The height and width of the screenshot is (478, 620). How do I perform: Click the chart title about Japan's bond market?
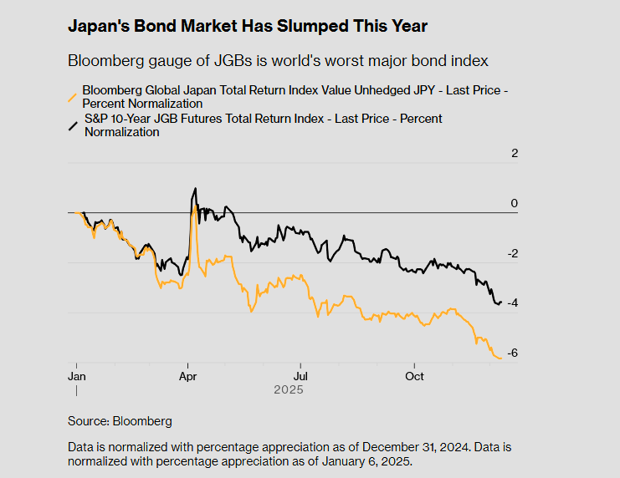[x=248, y=27]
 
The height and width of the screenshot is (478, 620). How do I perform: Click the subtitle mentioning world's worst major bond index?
[x=277, y=61]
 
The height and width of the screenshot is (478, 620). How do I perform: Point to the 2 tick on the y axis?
[x=515, y=154]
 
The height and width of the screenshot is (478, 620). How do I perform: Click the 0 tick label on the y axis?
[x=515, y=204]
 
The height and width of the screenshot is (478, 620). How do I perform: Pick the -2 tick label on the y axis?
[x=512, y=254]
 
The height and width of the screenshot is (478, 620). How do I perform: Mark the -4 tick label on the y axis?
[x=512, y=303]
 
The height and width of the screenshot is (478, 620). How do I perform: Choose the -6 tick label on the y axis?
[x=512, y=353]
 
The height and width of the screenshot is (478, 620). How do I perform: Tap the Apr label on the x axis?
[x=187, y=376]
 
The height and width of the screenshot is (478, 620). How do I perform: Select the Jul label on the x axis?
[x=299, y=376]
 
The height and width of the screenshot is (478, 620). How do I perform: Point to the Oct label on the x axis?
[x=414, y=376]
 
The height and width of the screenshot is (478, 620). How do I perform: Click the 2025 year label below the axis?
[x=288, y=389]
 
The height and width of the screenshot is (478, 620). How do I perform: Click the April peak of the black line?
[x=195, y=189]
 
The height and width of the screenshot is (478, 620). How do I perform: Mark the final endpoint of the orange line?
[x=501, y=358]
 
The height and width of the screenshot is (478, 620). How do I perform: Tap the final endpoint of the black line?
[x=501, y=303]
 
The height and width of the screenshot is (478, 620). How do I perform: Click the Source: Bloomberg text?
[x=120, y=421]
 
